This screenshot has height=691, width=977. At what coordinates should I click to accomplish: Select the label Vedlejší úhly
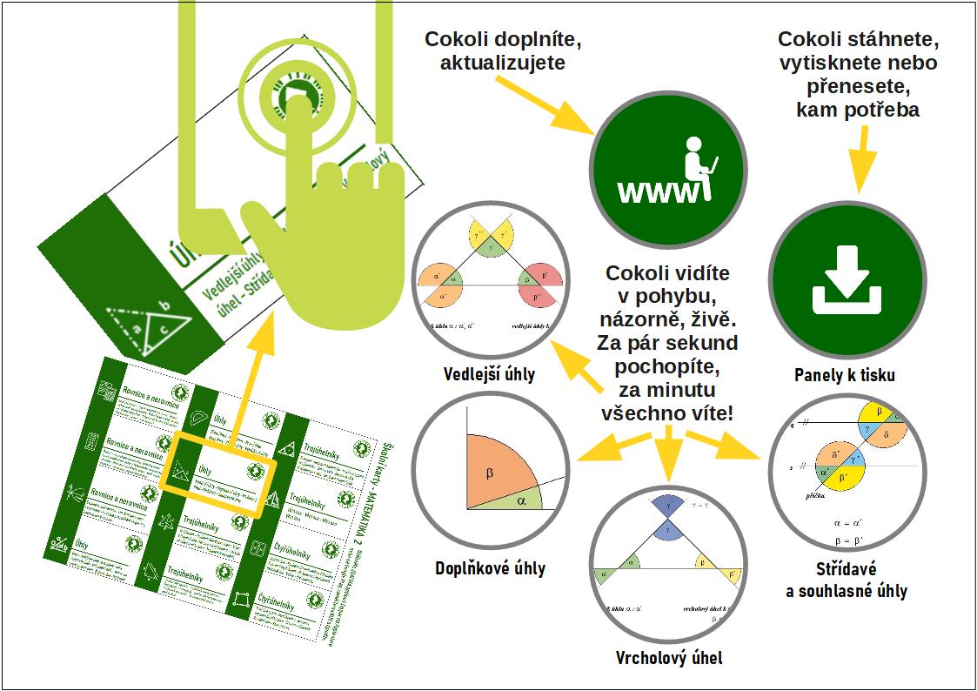[x=490, y=375]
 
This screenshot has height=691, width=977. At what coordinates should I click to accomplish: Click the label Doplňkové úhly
[x=490, y=568]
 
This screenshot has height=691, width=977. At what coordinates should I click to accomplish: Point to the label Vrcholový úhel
[x=668, y=657]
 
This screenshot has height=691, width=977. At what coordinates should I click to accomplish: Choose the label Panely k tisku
[x=845, y=376]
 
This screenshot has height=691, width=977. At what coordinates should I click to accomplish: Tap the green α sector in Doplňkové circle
[x=521, y=500]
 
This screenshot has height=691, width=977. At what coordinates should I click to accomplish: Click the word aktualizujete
[x=503, y=63]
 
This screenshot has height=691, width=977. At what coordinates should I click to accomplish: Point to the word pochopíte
[x=667, y=364]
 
